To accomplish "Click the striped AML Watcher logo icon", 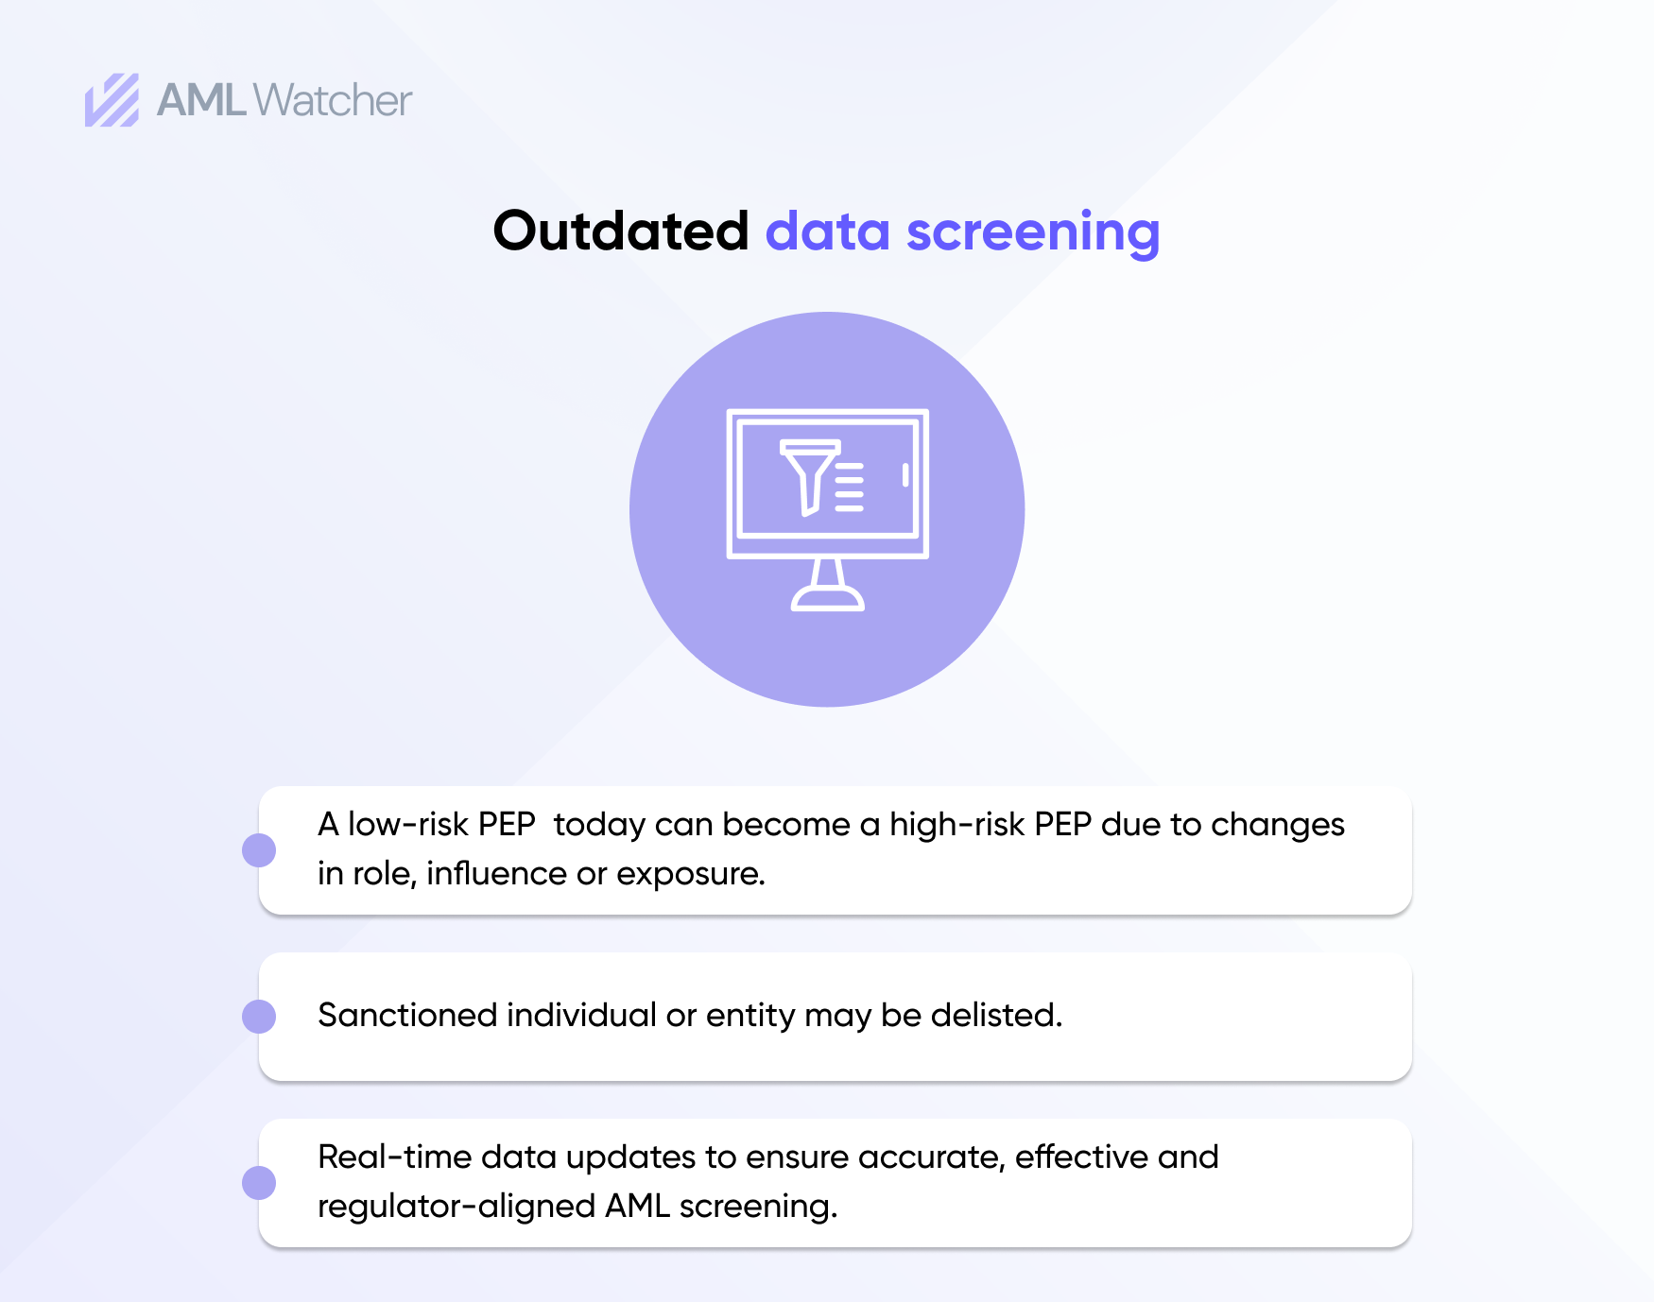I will click(112, 100).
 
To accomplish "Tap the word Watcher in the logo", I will click(333, 100).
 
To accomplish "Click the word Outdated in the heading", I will click(620, 231).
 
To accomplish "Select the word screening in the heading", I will click(1032, 232).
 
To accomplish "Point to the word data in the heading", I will click(827, 231).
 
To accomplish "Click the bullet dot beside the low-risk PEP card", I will click(259, 849).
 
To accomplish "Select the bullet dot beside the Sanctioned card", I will click(259, 1017).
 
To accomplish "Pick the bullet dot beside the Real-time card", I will click(259, 1183).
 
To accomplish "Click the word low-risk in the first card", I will click(408, 824).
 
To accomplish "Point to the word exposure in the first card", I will click(690, 874).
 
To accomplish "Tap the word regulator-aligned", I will click(457, 1207).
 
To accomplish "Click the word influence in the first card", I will click(496, 873).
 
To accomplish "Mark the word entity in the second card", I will click(750, 1016).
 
